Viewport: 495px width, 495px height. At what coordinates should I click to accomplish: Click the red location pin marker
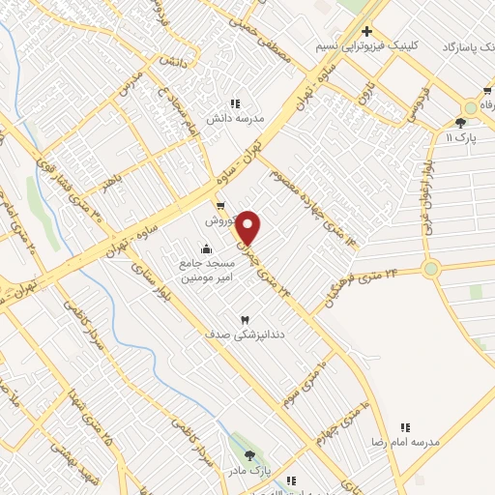[x=248, y=227]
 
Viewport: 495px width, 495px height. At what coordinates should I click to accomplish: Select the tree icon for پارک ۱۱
[x=460, y=123]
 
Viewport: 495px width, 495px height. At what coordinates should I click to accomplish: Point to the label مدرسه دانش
[x=234, y=118]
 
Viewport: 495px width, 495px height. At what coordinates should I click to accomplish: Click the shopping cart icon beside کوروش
[x=220, y=205]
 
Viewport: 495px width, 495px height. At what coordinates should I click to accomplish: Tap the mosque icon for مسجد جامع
[x=205, y=249]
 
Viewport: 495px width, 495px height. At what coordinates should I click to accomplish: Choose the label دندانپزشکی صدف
[x=243, y=334]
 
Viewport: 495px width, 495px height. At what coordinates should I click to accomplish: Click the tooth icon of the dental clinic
[x=244, y=319]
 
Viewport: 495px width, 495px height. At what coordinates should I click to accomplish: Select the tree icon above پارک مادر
[x=250, y=455]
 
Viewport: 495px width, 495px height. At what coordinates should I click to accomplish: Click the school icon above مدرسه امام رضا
[x=406, y=427]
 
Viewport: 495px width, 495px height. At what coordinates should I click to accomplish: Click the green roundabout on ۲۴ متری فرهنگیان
[x=430, y=269]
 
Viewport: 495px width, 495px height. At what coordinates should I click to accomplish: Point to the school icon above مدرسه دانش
[x=234, y=103]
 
